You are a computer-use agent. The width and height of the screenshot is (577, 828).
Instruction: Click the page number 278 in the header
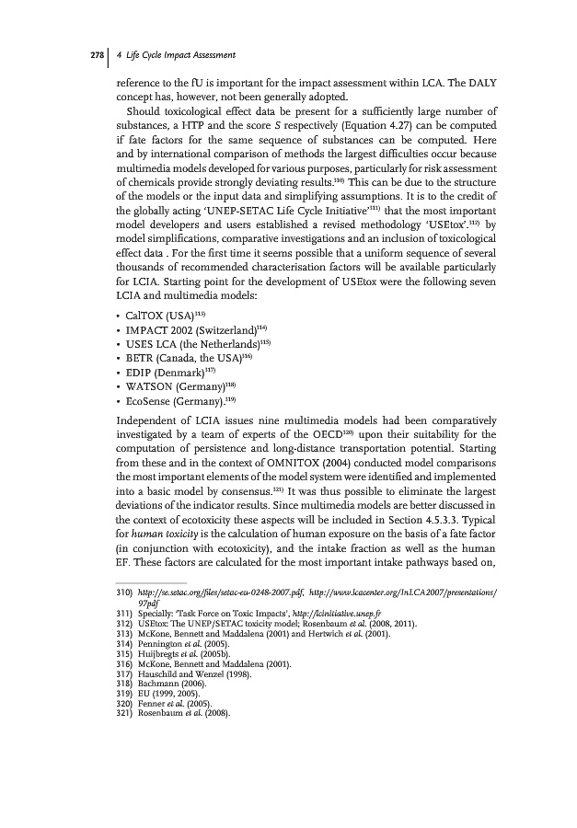point(95,54)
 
